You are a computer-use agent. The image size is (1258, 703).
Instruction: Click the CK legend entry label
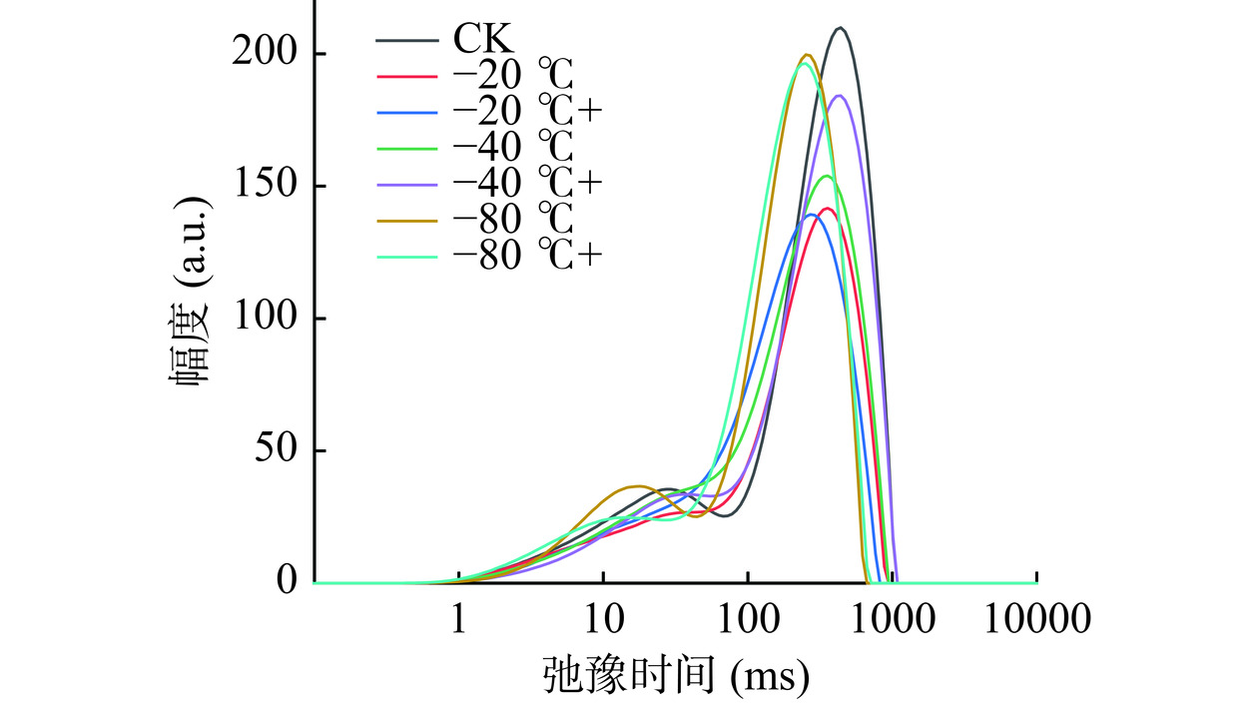tap(484, 41)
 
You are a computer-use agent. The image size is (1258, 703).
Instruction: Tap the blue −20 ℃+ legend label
tap(526, 113)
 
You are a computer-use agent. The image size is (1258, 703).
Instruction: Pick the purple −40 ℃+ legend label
tap(526, 185)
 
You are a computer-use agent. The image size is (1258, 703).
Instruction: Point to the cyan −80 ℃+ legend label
tap(526, 257)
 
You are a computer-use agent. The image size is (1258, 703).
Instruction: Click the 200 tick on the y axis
tap(264, 54)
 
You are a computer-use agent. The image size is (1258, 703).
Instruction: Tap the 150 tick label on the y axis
tap(264, 187)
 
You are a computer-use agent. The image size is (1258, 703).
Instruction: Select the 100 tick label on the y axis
tap(264, 320)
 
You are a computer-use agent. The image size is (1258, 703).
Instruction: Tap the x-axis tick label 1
tap(458, 622)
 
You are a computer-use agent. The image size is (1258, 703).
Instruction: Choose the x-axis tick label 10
tap(603, 622)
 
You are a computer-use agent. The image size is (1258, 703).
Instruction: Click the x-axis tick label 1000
tap(892, 622)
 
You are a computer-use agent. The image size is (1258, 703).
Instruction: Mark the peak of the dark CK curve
tap(841, 28)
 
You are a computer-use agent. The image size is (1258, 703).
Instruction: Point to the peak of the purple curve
tap(839, 96)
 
